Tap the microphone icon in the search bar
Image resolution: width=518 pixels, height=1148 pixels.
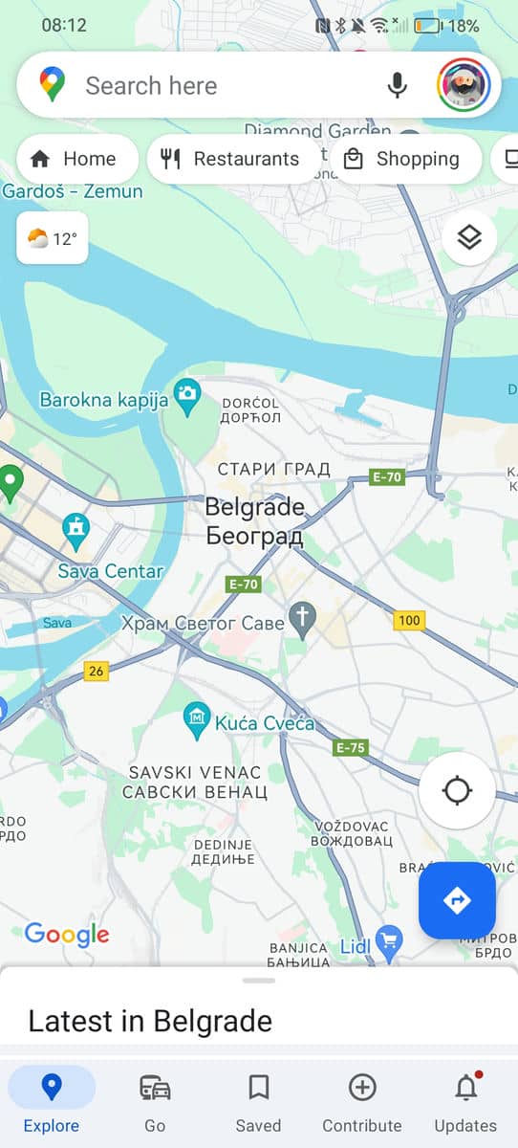(x=398, y=86)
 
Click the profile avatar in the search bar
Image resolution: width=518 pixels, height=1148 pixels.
(x=464, y=86)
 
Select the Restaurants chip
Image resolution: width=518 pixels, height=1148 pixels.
(x=233, y=159)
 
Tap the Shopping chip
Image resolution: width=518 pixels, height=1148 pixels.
(x=406, y=159)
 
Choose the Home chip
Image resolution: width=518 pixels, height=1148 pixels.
(x=75, y=159)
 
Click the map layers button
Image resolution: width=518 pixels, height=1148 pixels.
(x=469, y=237)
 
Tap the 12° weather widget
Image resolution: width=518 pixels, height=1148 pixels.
(x=53, y=239)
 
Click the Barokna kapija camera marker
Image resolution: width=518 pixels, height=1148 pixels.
(x=187, y=393)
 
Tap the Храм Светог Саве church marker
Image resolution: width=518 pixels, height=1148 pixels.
(x=303, y=618)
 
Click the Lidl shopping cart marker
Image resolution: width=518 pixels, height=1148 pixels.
(x=388, y=941)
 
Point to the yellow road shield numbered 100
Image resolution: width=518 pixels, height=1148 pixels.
(x=409, y=621)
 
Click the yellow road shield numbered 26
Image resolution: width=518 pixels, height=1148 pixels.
(x=96, y=671)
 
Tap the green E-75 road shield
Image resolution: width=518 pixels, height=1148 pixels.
(x=351, y=747)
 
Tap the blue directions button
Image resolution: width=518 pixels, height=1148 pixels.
(x=457, y=900)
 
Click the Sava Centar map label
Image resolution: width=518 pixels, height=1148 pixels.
(x=111, y=571)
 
